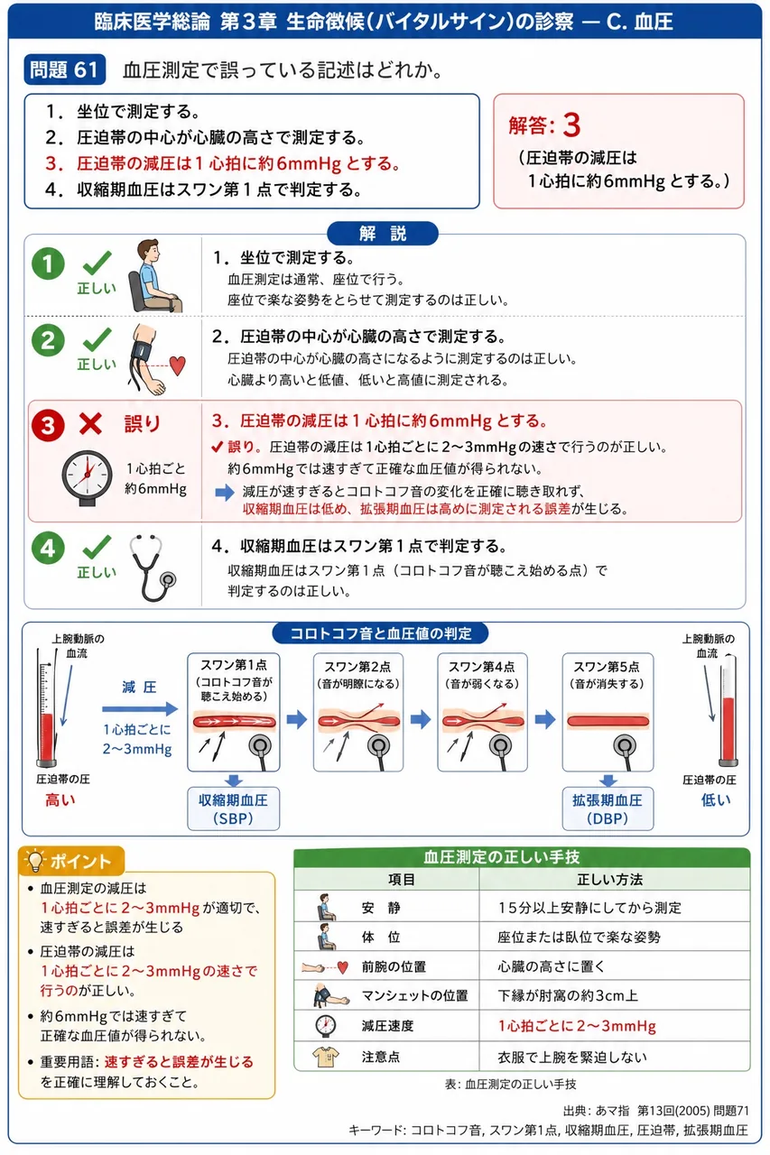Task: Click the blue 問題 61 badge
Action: click(x=64, y=69)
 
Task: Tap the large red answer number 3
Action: click(x=571, y=125)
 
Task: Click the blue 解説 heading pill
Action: click(x=383, y=234)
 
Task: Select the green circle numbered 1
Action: click(x=48, y=263)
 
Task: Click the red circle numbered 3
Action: click(x=48, y=425)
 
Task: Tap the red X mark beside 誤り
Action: click(x=90, y=424)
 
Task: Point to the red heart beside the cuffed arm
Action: click(x=178, y=365)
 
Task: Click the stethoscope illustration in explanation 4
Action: click(x=152, y=568)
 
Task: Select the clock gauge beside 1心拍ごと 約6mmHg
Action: click(x=87, y=477)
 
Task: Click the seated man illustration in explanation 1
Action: click(x=154, y=275)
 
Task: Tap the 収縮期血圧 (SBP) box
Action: click(x=233, y=808)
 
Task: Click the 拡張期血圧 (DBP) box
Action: click(x=608, y=808)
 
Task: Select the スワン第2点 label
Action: click(x=357, y=667)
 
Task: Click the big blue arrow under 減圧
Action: click(x=140, y=709)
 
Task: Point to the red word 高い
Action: click(x=60, y=799)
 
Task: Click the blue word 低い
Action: click(x=716, y=799)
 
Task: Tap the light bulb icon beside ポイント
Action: click(x=35, y=860)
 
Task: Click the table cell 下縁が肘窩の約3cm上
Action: click(x=567, y=995)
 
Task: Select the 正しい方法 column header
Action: click(x=609, y=879)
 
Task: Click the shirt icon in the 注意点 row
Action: click(x=326, y=1057)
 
